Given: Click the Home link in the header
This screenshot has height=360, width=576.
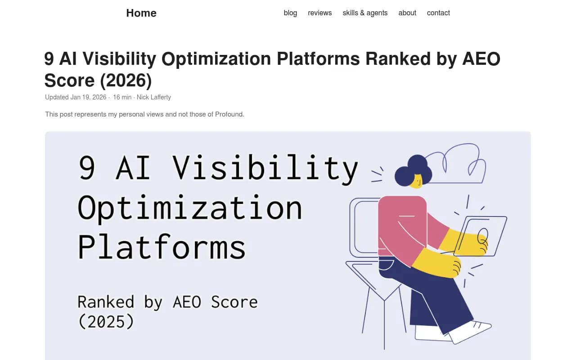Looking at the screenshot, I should [141, 13].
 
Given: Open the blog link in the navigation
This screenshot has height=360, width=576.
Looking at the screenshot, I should [290, 13].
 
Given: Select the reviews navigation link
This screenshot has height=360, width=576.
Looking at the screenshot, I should [319, 13].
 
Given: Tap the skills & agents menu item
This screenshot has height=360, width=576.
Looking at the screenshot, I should [365, 13].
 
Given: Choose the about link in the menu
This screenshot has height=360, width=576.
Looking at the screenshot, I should [407, 13].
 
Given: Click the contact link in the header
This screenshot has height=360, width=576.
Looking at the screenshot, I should [438, 13].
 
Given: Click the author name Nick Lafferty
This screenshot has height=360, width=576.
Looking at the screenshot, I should [154, 97].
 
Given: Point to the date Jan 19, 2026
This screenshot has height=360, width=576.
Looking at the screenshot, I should [88, 97].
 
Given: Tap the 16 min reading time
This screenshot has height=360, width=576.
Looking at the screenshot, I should [122, 97].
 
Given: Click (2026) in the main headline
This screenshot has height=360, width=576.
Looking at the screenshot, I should [126, 81].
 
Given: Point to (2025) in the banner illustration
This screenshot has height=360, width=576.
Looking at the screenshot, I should [106, 321].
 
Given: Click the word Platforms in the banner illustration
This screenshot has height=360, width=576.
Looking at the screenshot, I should [162, 247].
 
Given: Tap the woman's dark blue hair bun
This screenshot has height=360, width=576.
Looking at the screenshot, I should [417, 163].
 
